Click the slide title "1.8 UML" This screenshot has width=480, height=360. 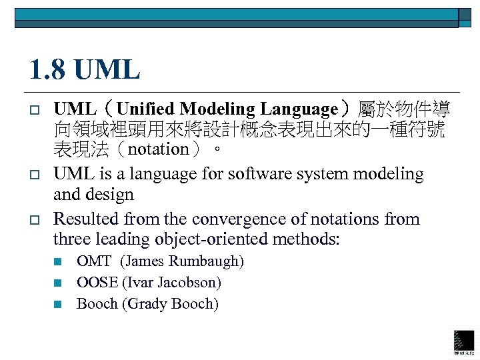[85, 69]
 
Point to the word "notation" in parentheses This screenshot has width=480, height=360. [159, 149]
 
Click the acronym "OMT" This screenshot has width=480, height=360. [94, 261]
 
